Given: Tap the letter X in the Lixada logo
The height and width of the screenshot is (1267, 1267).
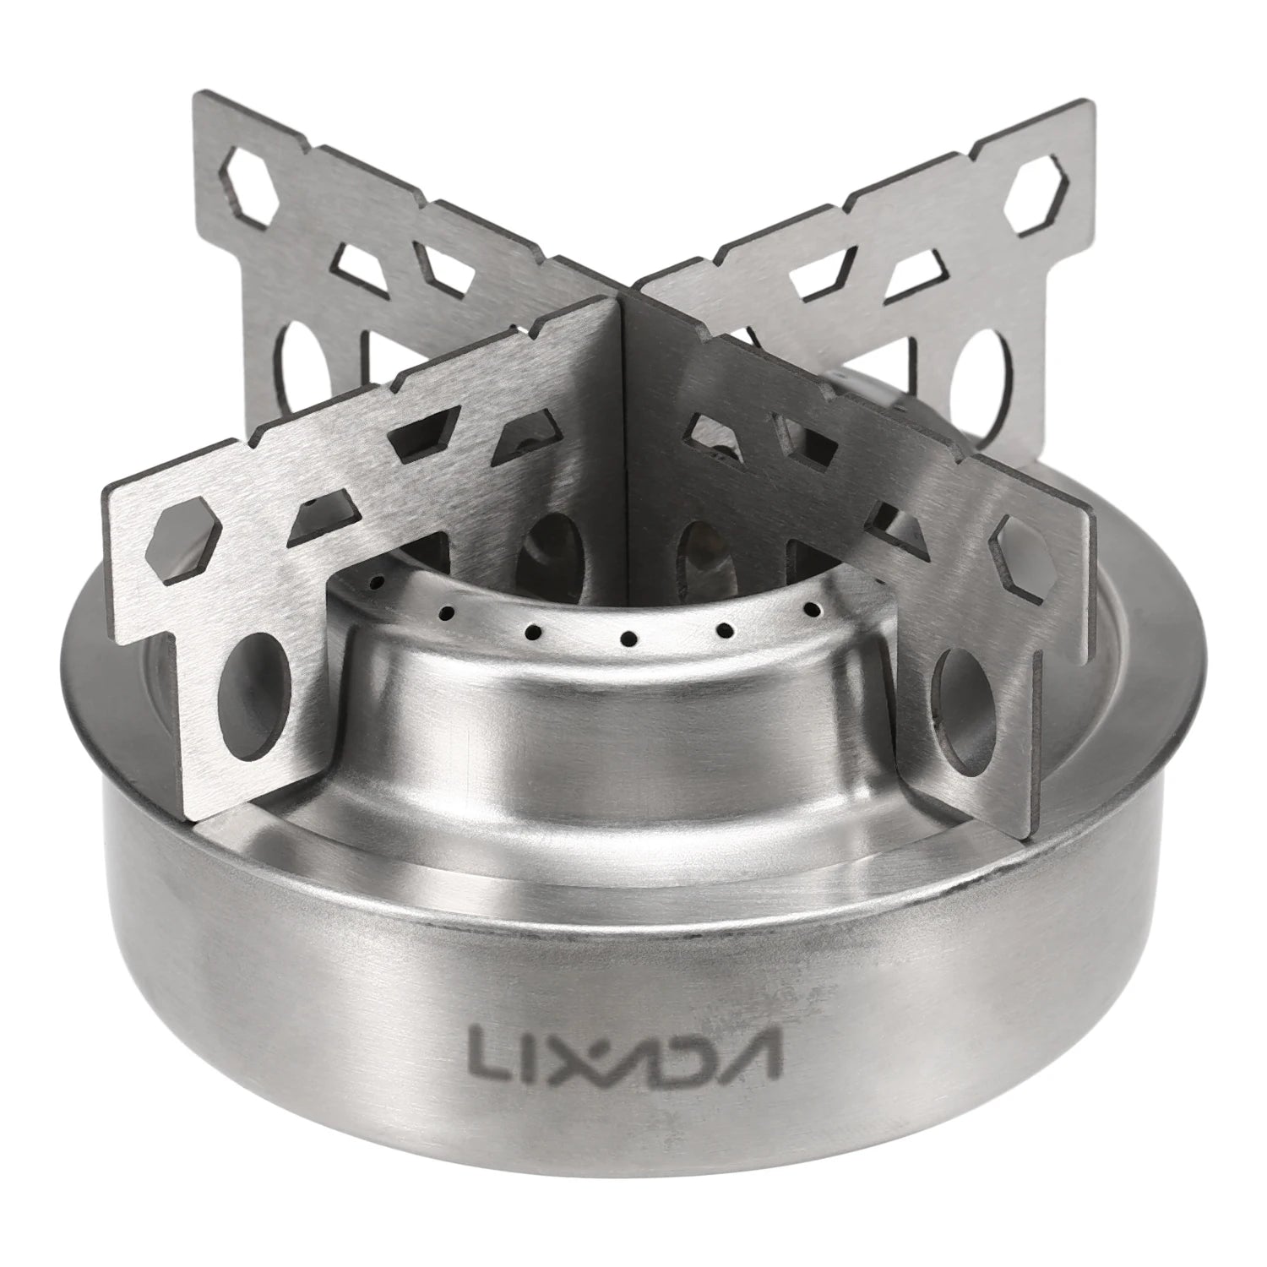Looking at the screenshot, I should [x=577, y=1049].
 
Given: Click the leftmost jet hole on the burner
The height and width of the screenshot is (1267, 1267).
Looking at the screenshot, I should [x=378, y=583].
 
